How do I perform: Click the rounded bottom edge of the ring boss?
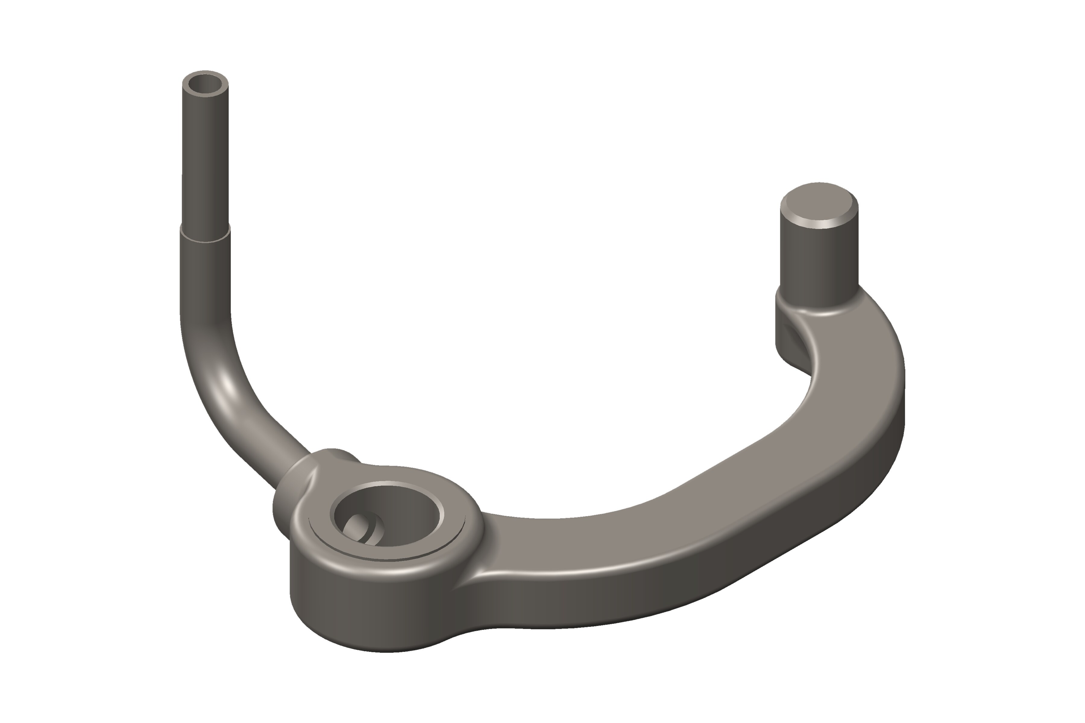pyautogui.click(x=369, y=643)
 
